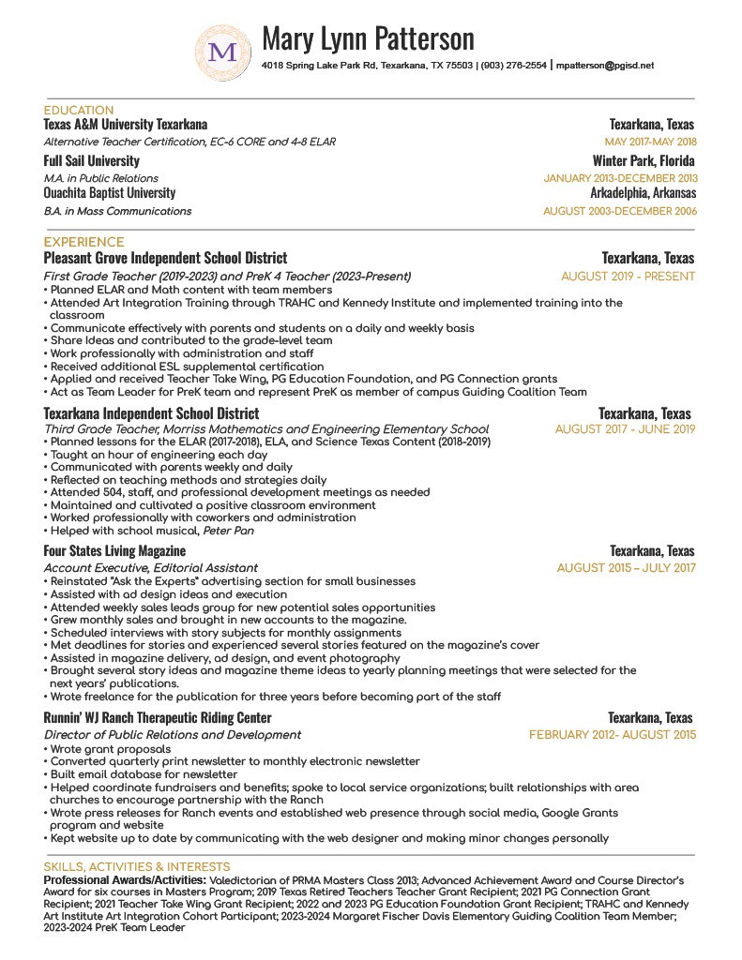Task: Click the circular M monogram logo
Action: [x=222, y=52]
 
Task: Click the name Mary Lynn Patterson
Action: [x=368, y=38]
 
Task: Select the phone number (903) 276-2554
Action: [x=513, y=67]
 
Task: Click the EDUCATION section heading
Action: [x=79, y=111]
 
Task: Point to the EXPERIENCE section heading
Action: [x=83, y=242]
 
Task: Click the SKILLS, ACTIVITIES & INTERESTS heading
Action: [x=137, y=867]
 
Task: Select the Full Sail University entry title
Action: [x=91, y=161]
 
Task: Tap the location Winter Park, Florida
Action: [x=644, y=161]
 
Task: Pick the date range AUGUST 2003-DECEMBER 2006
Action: [x=620, y=212]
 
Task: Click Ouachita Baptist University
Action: [x=110, y=193]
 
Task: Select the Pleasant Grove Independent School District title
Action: [x=165, y=258]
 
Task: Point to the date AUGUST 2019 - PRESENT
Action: [x=628, y=277]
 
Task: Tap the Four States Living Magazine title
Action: [x=114, y=550]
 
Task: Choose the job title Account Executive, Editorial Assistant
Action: [x=151, y=568]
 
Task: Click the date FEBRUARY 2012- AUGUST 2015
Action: [x=613, y=735]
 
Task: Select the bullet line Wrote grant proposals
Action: [x=111, y=749]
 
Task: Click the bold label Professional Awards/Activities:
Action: [x=124, y=881]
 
